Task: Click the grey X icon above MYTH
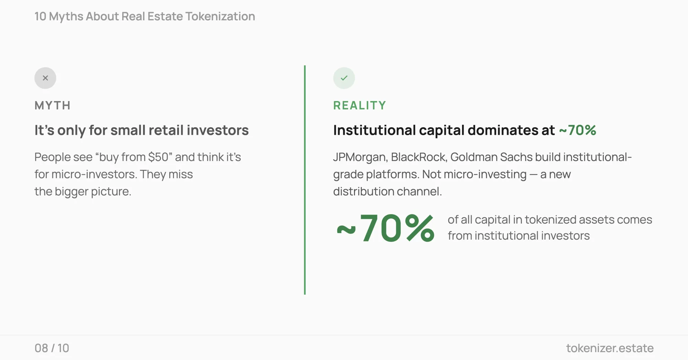pos(45,78)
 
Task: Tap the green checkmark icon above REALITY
pos(344,78)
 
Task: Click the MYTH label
pos(53,106)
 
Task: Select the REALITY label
pos(359,106)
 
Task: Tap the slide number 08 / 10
pos(52,348)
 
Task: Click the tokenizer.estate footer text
pos(610,348)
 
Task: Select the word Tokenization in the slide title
pos(220,17)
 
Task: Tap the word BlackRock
pos(419,157)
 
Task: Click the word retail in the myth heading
pos(166,130)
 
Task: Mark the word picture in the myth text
pos(111,192)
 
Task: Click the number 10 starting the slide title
pos(40,17)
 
